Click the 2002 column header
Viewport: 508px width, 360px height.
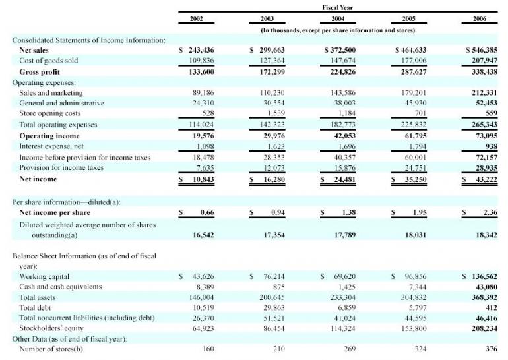(196, 19)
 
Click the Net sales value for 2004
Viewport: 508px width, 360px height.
(340, 50)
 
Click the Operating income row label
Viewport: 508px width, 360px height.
(49, 135)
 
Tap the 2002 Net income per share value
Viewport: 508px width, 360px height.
(206, 212)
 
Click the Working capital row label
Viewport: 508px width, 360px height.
(45, 276)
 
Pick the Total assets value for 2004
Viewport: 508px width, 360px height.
(340, 297)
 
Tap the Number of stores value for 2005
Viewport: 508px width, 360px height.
(416, 349)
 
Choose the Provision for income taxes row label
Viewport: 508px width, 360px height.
(62, 167)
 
